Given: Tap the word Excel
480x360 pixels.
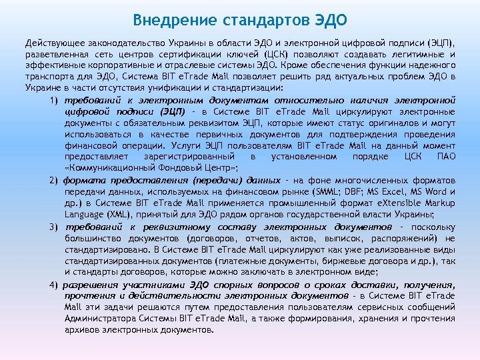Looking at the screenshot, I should pyautogui.click(x=399, y=192).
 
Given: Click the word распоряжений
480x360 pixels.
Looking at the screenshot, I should pyautogui.click(x=410, y=238).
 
